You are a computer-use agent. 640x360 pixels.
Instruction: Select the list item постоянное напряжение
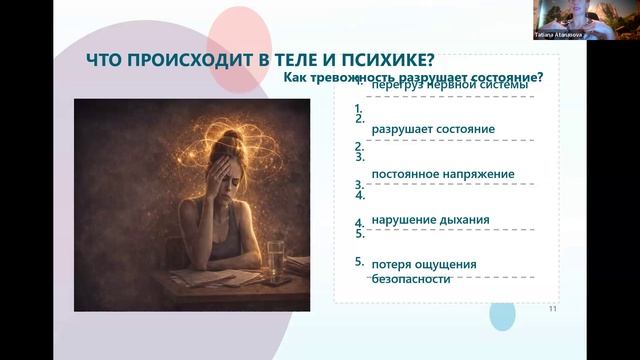click(x=442, y=174)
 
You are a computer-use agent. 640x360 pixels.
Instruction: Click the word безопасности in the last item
click(x=409, y=279)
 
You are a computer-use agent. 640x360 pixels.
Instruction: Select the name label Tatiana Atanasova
click(x=554, y=34)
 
